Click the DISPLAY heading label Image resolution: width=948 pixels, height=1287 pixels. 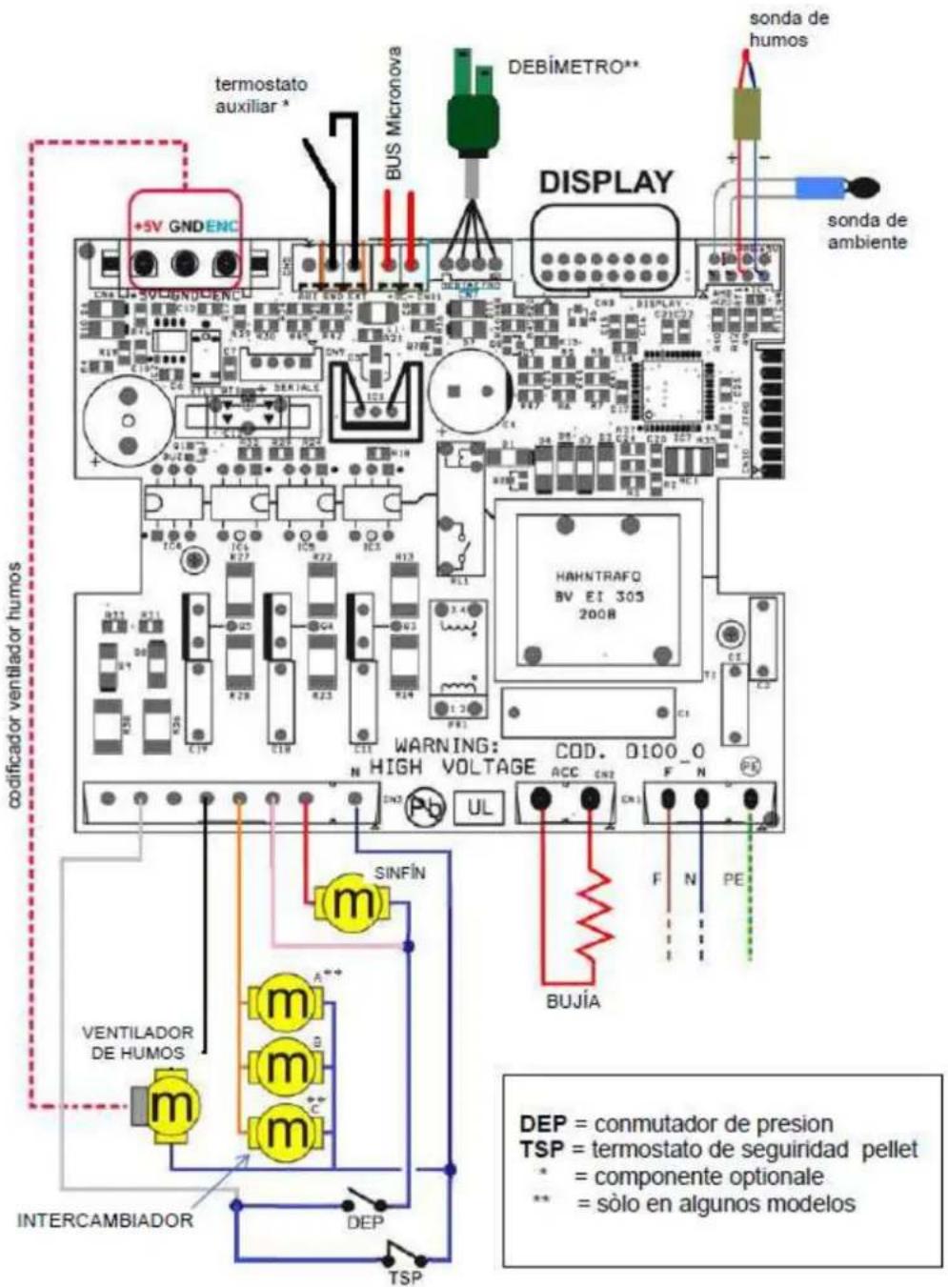pos(606,182)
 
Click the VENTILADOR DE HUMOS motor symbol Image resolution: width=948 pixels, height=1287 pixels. pos(171,1105)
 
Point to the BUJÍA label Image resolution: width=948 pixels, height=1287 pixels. pos(573,1001)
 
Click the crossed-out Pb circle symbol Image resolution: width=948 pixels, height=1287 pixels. pos(425,808)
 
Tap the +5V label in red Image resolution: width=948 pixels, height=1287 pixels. pos(148,228)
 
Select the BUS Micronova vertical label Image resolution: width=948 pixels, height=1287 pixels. pos(393,114)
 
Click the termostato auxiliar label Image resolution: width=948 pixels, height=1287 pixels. pos(260,95)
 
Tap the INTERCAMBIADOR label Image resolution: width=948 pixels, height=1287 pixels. pos(105,1220)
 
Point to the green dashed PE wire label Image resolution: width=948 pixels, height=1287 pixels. pos(733,879)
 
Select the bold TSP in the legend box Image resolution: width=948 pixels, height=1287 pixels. pos(540,1150)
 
